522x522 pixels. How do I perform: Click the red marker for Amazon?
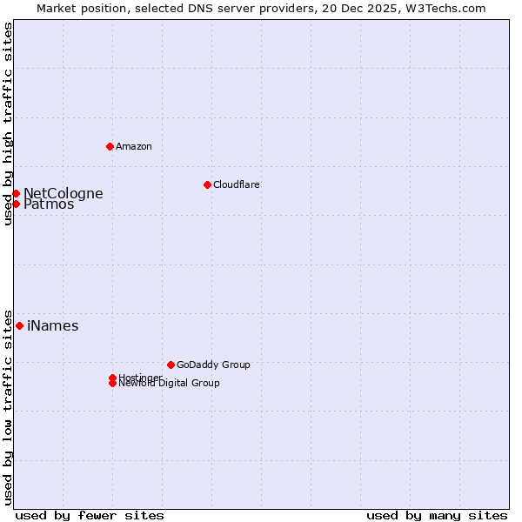(x=110, y=146)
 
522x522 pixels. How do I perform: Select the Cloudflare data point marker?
(x=207, y=184)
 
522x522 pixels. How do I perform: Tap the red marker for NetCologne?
(x=16, y=193)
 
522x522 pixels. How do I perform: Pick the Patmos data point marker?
(x=16, y=204)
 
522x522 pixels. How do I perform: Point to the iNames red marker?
(x=19, y=325)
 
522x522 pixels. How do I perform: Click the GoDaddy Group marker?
(x=171, y=365)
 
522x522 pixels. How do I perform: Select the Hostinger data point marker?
(x=112, y=378)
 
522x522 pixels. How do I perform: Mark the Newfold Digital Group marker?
(x=112, y=383)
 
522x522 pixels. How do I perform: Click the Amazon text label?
(x=134, y=146)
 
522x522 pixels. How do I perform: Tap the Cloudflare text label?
(x=236, y=184)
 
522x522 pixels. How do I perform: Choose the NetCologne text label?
(x=63, y=193)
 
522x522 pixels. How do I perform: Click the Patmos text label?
(x=49, y=205)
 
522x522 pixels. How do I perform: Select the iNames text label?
(x=52, y=326)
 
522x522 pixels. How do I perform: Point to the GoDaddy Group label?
(x=213, y=365)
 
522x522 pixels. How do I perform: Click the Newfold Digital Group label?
(x=170, y=384)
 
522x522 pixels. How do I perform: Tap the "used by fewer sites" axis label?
(x=90, y=515)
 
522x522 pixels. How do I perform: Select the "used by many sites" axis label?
(x=437, y=515)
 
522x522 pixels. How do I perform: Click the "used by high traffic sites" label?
(x=8, y=124)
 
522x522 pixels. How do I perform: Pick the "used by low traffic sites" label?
(x=8, y=406)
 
